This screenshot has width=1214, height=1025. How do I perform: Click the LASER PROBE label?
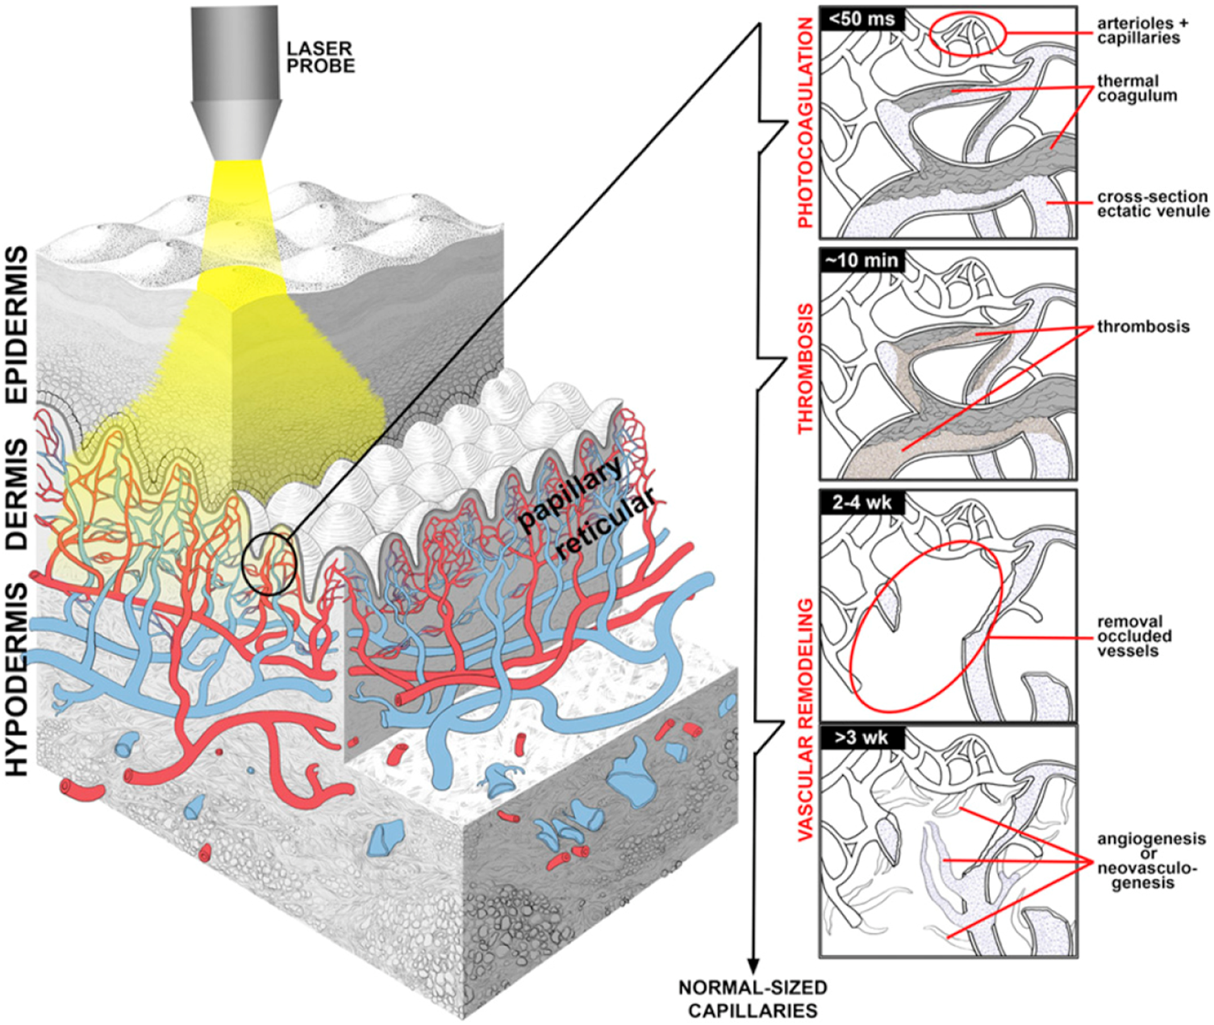(x=320, y=58)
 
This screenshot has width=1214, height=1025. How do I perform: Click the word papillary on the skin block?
(x=569, y=493)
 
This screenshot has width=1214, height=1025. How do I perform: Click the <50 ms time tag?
(x=861, y=19)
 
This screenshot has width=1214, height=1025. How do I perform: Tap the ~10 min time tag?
(x=861, y=260)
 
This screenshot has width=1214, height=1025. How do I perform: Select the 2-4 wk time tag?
(x=861, y=502)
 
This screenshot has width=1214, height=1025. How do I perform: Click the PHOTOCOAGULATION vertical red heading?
(x=805, y=123)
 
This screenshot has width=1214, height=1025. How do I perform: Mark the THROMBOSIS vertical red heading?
(x=805, y=369)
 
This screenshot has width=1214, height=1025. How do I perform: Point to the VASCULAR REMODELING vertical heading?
(x=805, y=720)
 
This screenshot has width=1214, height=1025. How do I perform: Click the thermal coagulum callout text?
(x=1136, y=89)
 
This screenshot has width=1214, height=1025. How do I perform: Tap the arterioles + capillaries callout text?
(x=1137, y=31)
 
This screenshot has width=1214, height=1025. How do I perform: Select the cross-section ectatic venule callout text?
(x=1152, y=203)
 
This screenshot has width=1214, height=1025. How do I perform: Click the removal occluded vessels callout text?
(x=1134, y=635)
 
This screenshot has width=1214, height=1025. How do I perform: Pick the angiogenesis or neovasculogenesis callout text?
(x=1150, y=860)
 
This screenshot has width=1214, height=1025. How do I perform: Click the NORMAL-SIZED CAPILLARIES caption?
(x=752, y=998)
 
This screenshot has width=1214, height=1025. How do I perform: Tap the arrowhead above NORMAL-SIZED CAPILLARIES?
(x=753, y=965)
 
